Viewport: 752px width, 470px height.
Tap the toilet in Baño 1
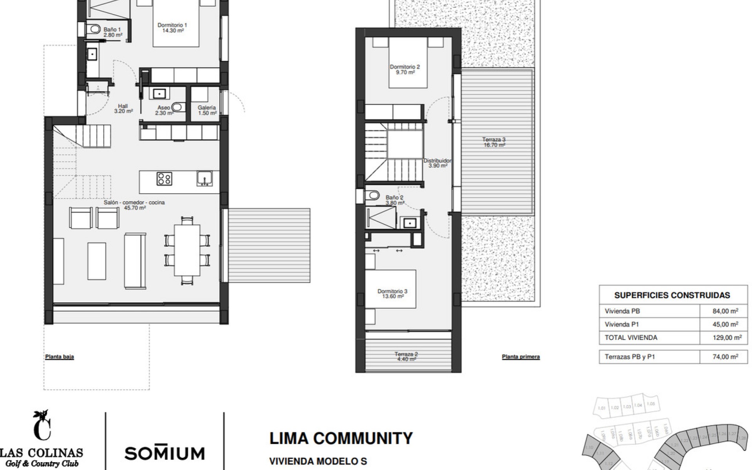[x=93, y=29]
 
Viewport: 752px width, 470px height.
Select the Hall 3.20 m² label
[x=123, y=108]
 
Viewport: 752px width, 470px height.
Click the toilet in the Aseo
[x=177, y=106]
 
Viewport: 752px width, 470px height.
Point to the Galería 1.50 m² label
[x=207, y=110]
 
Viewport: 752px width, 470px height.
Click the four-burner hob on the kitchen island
[x=164, y=179]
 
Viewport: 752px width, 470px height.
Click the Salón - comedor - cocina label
[x=134, y=205]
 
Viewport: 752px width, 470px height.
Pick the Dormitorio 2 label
[x=405, y=69]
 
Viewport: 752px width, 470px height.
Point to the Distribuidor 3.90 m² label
[x=437, y=163]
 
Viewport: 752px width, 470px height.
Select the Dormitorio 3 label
[x=392, y=294]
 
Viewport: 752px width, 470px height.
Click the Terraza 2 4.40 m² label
[x=406, y=356]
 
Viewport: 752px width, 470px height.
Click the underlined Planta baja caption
[x=60, y=357]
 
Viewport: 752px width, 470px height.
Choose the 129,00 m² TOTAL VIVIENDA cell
[x=727, y=338]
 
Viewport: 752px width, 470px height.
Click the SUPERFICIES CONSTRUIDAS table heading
[x=672, y=295]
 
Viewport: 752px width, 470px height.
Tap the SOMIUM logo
[x=164, y=453]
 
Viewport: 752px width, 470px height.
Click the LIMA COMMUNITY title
[x=341, y=438]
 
